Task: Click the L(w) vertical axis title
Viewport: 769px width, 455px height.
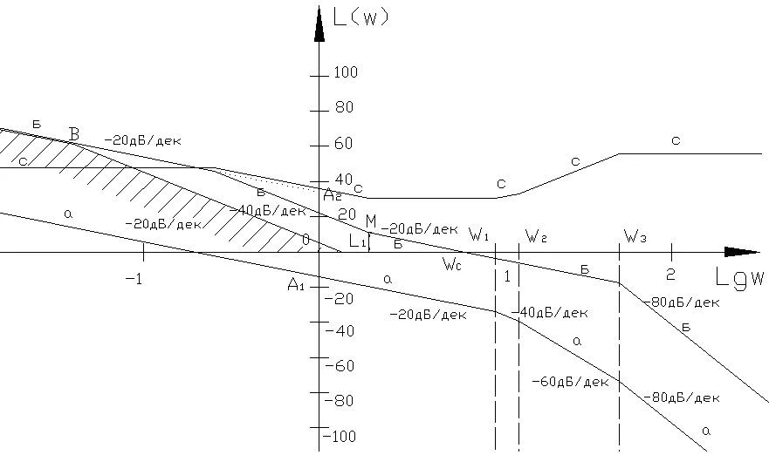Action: [x=360, y=16]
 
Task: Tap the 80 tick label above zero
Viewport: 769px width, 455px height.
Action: [x=344, y=108]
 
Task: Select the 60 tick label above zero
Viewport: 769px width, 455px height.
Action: [x=344, y=144]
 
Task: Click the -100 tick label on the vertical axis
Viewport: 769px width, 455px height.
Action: [x=340, y=436]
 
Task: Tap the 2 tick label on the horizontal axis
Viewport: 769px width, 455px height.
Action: [x=670, y=273]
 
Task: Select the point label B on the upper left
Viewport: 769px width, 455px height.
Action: [x=74, y=134]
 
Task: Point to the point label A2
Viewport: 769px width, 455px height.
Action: [x=331, y=194]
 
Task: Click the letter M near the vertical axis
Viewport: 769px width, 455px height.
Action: [x=370, y=221]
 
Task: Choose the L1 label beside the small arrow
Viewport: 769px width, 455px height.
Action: [x=356, y=241]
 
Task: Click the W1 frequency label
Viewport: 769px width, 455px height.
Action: [x=478, y=234]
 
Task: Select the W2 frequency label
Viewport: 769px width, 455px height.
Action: [x=535, y=235]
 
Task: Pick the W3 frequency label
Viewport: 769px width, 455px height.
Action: [x=635, y=235]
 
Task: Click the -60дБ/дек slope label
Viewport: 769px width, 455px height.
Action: [x=569, y=382]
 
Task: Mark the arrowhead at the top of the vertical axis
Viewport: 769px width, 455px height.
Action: [x=319, y=22]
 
